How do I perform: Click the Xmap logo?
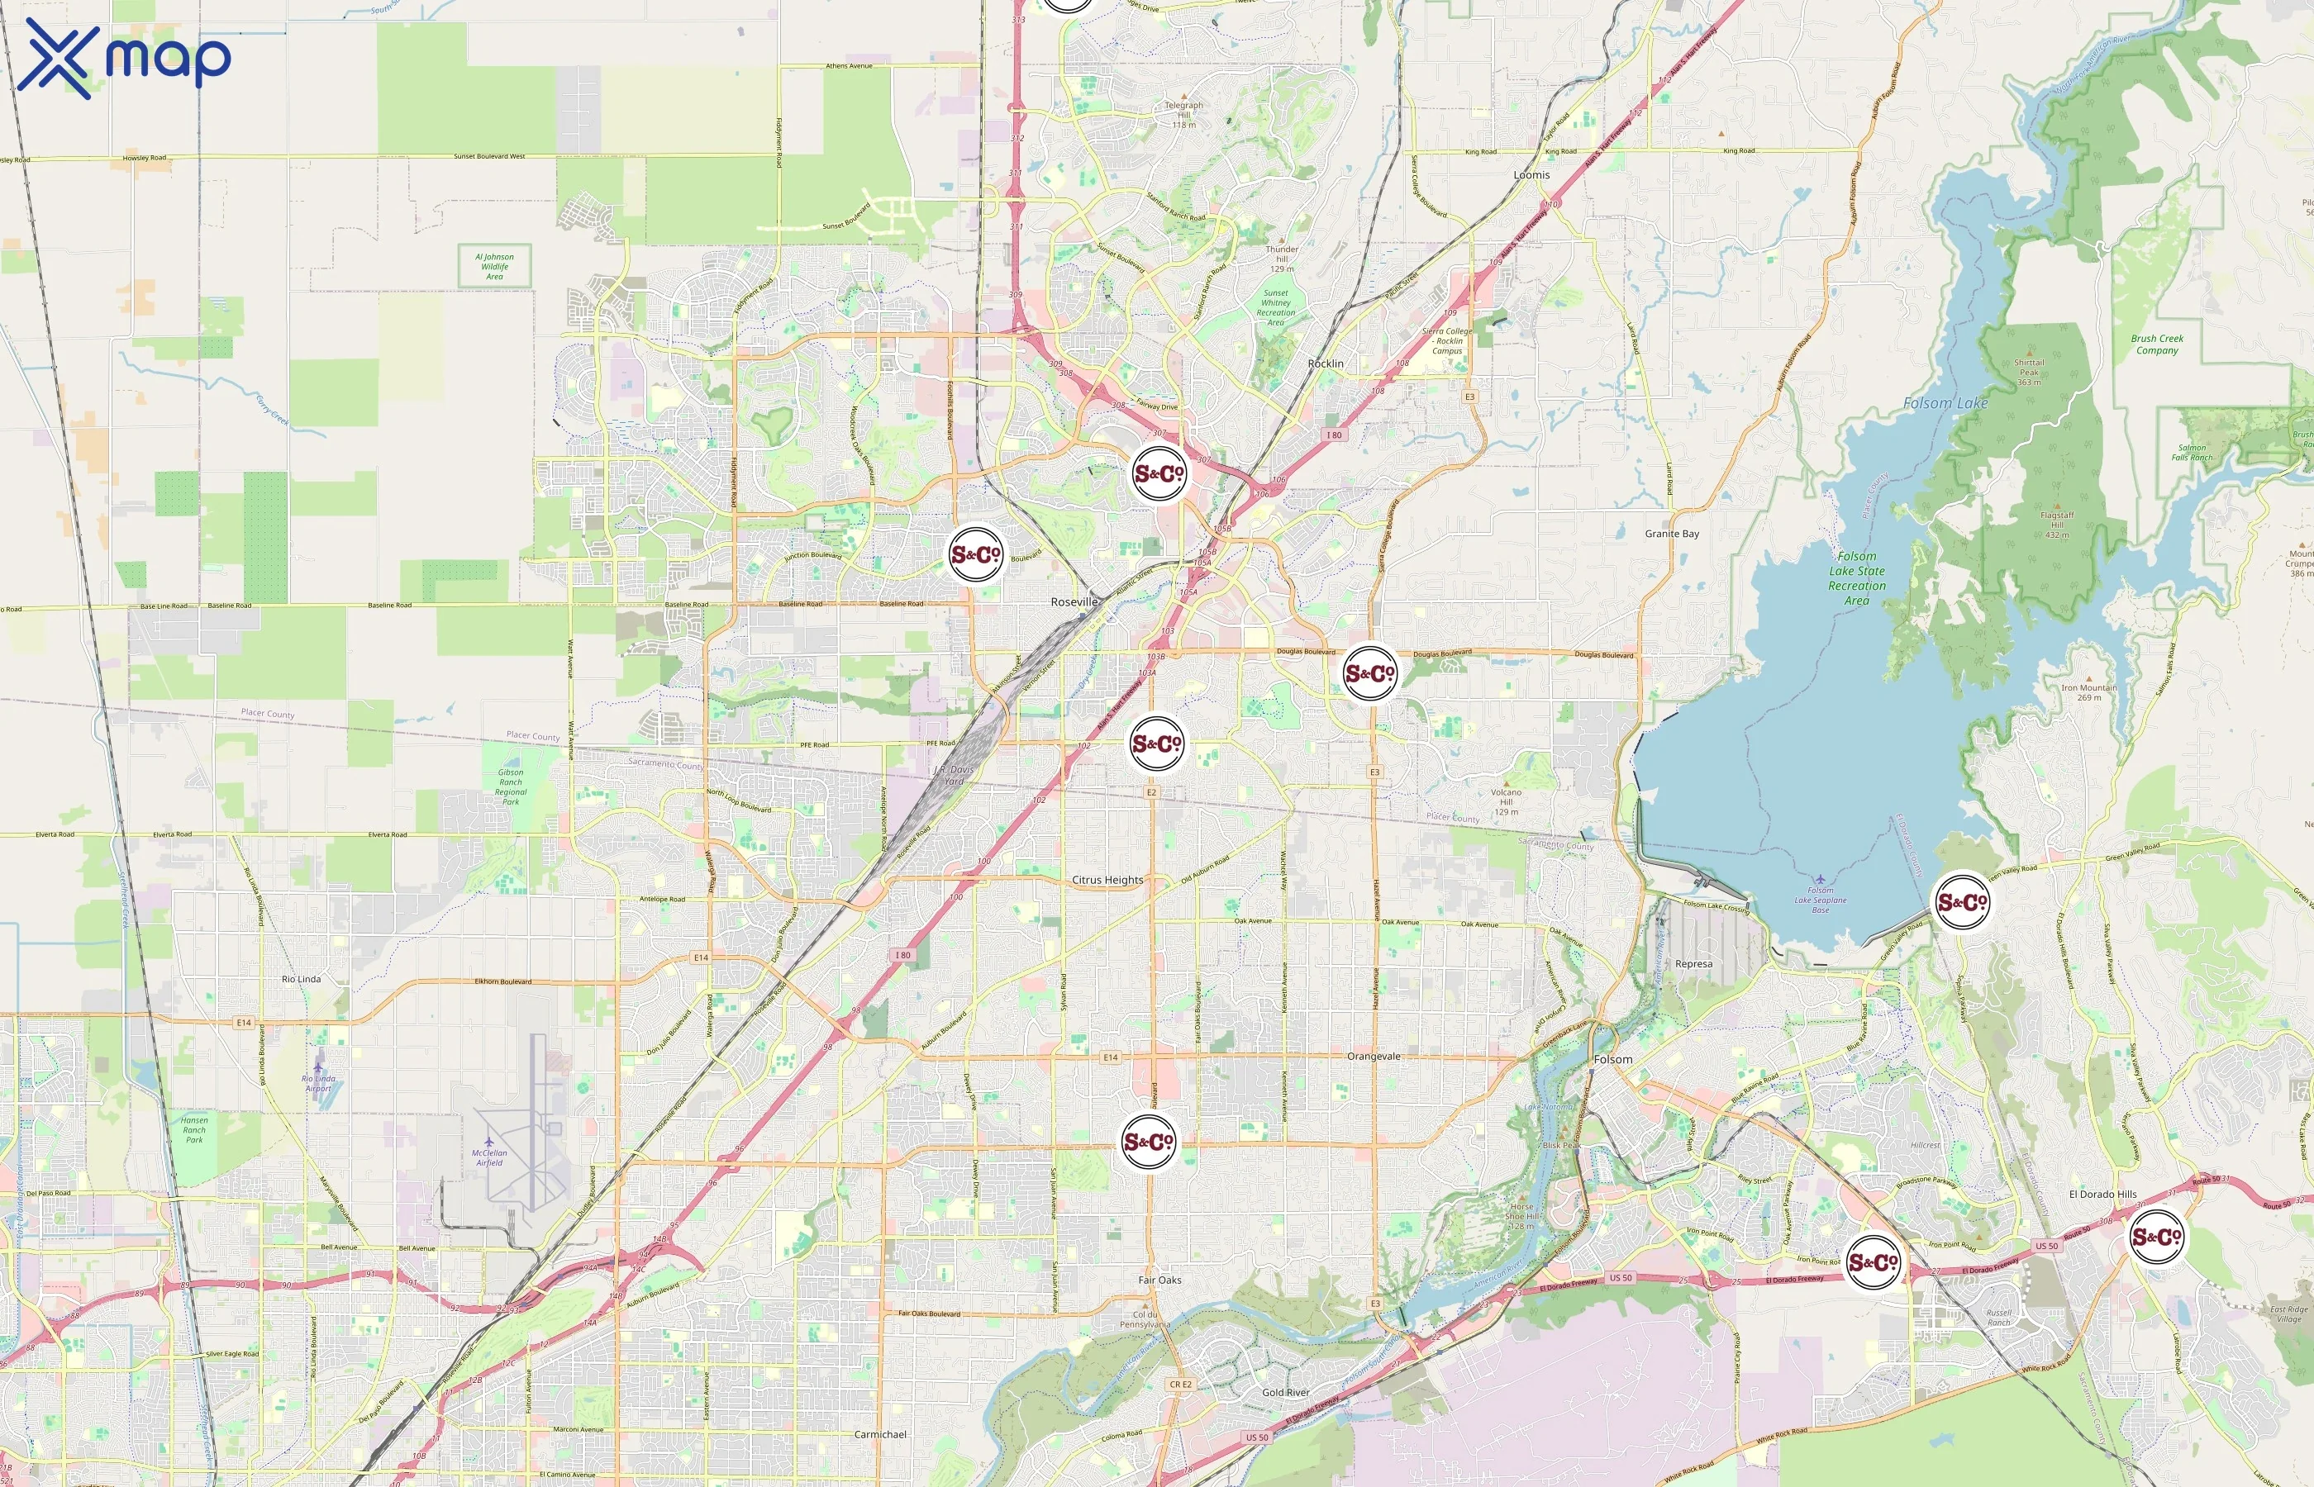(124, 58)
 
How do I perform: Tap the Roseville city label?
(1074, 601)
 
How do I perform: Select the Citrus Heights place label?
(1107, 880)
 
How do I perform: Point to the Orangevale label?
(1373, 1057)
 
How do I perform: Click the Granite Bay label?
(1672, 533)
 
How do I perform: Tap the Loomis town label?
(1531, 175)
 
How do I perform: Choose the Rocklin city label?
(1325, 363)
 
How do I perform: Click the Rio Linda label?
(302, 979)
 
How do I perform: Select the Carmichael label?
(880, 1434)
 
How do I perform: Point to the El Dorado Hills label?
(2102, 1194)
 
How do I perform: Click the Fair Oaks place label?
(1159, 1280)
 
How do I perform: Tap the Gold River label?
(1285, 1391)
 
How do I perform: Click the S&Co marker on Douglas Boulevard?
(1369, 673)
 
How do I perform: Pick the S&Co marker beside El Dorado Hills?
(2155, 1237)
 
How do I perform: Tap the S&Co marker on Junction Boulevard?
(976, 554)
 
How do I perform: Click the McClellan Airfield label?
(488, 1157)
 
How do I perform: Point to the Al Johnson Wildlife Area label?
(494, 267)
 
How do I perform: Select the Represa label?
(1693, 963)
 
